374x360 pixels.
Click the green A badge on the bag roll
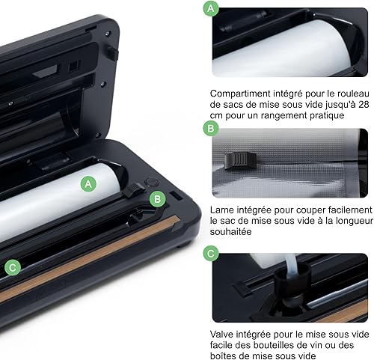click(88, 184)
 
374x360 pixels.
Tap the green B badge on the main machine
click(158, 199)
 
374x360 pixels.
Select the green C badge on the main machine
click(13, 267)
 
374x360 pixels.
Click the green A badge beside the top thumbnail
click(211, 9)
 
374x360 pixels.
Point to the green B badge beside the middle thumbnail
click(211, 129)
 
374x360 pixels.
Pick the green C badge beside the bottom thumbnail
click(211, 254)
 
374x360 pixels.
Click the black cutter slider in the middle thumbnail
click(240, 160)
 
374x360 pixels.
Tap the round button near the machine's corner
click(152, 182)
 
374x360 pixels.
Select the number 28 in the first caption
click(364, 104)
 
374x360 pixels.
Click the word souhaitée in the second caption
click(230, 232)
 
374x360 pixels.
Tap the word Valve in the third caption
click(221, 335)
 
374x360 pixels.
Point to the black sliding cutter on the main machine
click(134, 189)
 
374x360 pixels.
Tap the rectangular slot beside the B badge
click(177, 195)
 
